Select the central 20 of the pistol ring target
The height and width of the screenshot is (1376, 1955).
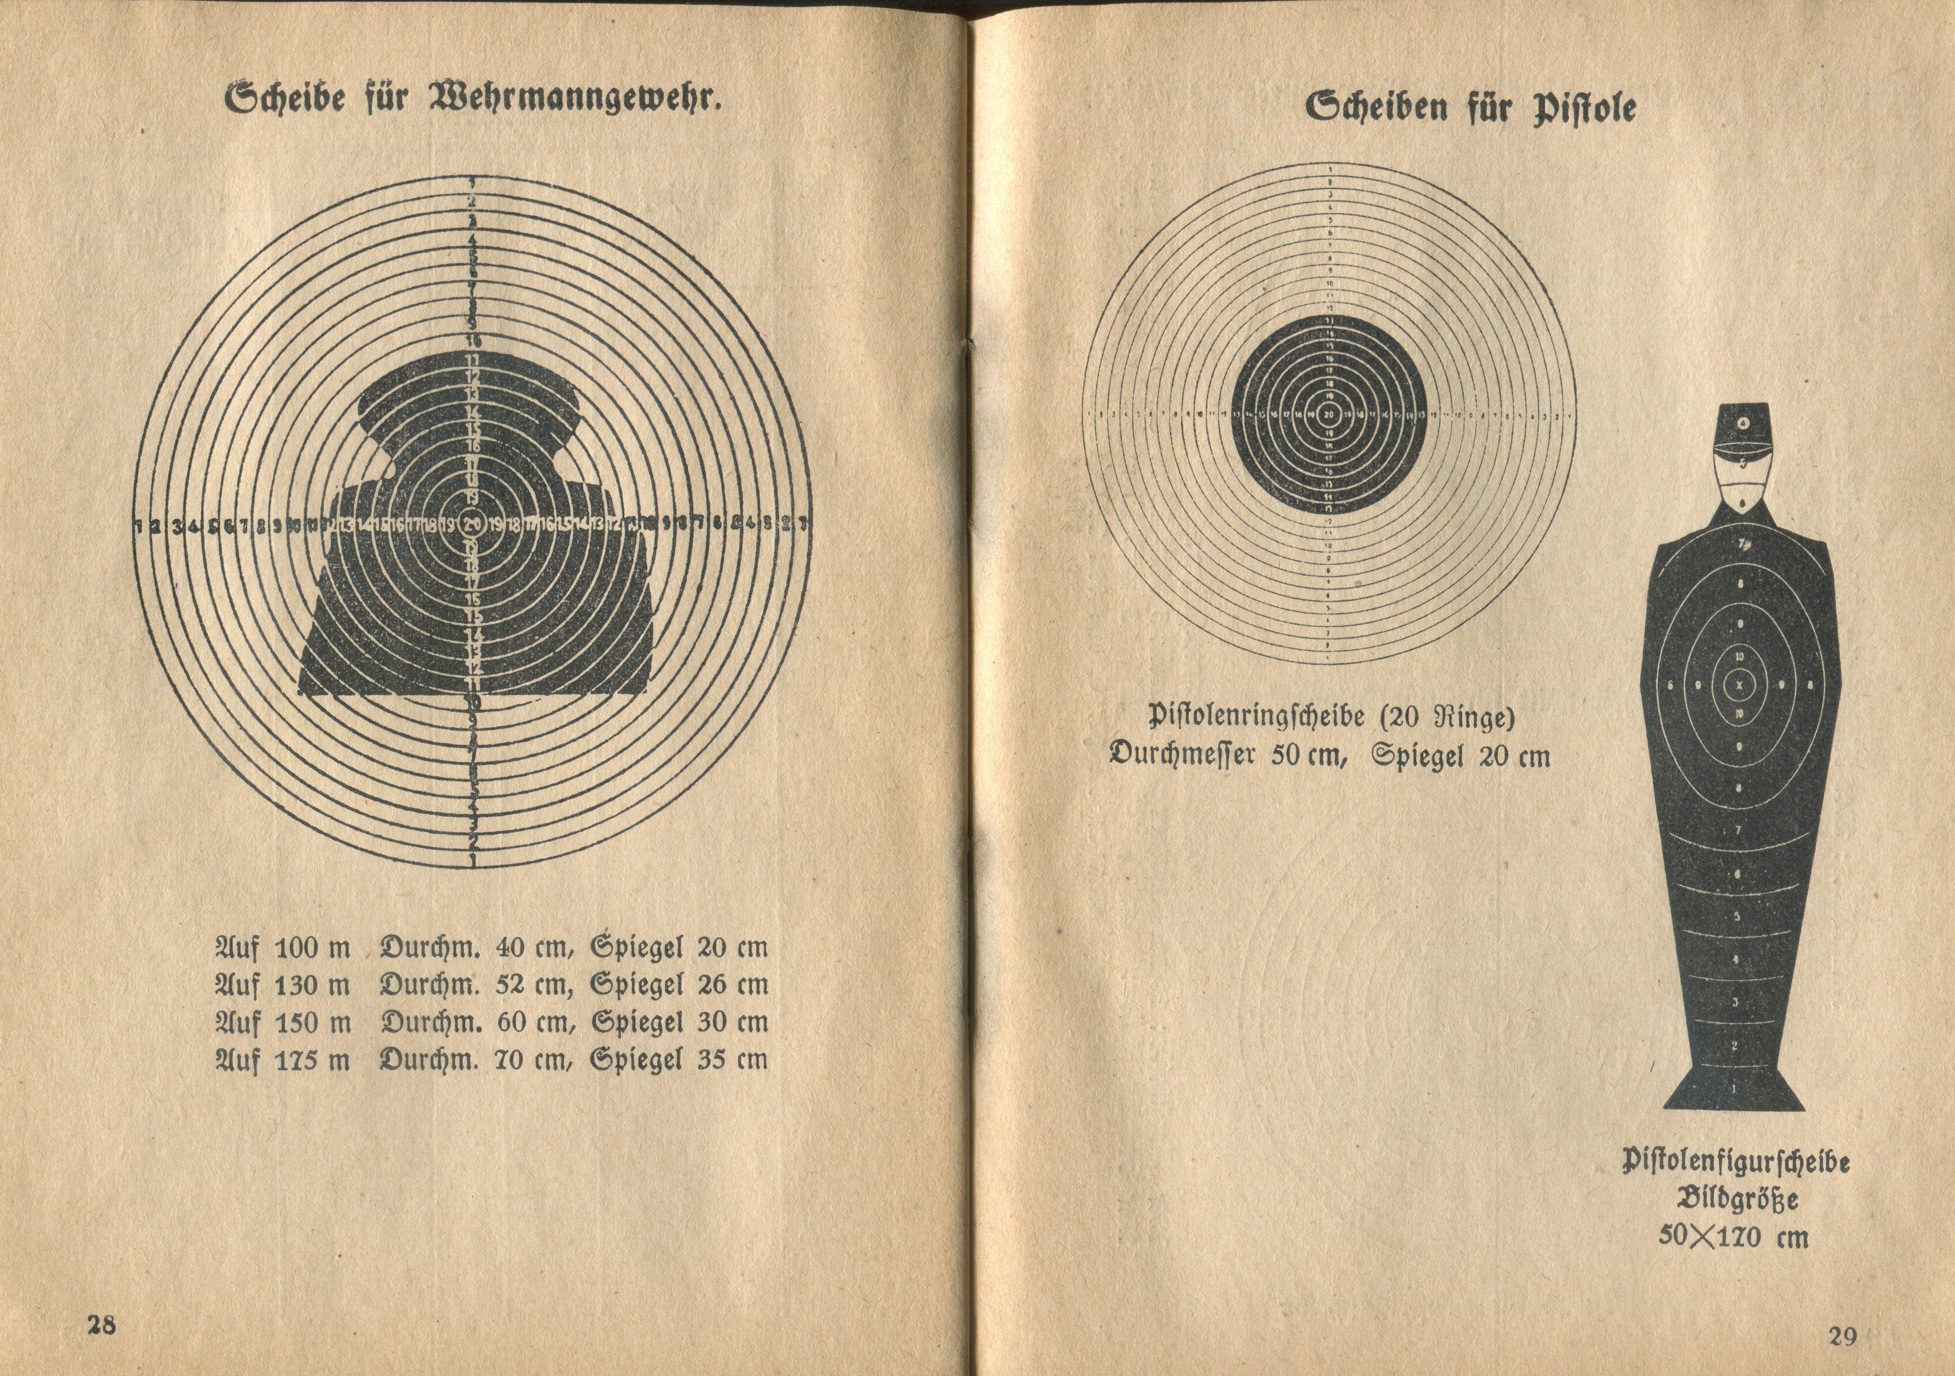[1329, 415]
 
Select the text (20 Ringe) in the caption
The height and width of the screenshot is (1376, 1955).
[1448, 718]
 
